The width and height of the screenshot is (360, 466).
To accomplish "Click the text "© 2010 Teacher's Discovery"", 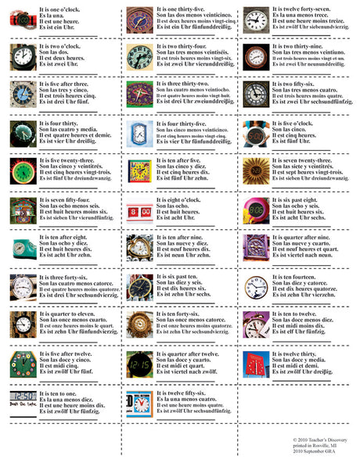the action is (315, 440).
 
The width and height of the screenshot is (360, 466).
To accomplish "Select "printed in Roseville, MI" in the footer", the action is (310, 446).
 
